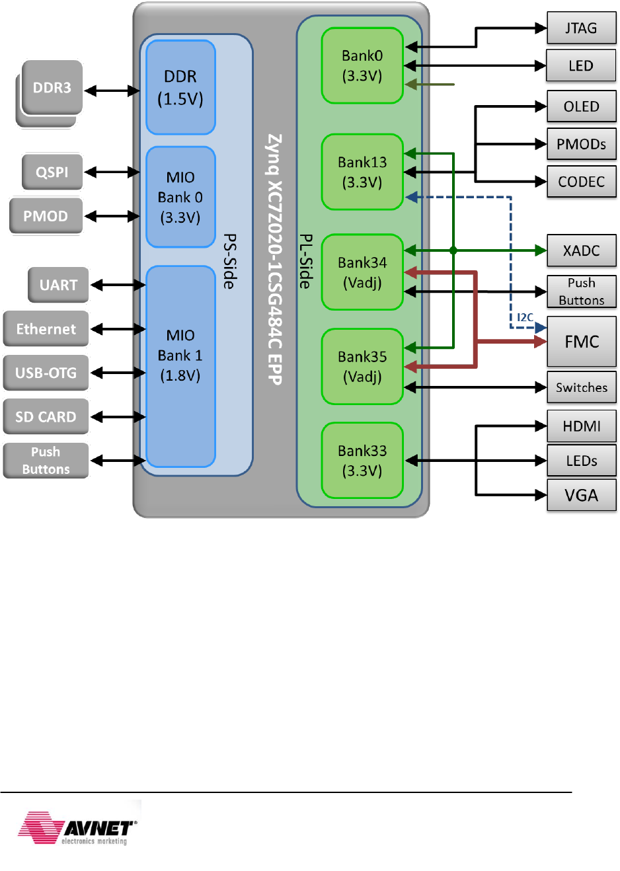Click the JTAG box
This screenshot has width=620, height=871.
[x=581, y=28]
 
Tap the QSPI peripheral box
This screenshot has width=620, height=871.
[x=52, y=172]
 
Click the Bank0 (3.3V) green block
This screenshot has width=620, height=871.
[x=362, y=65]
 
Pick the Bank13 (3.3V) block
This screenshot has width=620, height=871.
[x=362, y=172]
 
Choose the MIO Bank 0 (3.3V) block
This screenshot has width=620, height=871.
[x=180, y=197]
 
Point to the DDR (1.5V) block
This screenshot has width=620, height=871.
[x=180, y=87]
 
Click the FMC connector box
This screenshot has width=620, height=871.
[x=581, y=342]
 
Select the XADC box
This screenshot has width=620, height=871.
[x=581, y=250]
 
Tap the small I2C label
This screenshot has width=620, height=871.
[x=525, y=318]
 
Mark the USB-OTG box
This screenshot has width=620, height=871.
[x=46, y=373]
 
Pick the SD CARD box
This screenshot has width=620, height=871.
[x=46, y=417]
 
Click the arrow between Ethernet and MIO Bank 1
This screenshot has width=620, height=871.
[x=118, y=329]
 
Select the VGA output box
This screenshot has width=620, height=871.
[x=581, y=495]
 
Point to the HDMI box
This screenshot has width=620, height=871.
[x=581, y=426]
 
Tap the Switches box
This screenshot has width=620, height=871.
[x=581, y=387]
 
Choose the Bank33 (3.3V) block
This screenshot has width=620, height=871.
[x=362, y=461]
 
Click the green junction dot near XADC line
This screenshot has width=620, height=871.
[x=453, y=250]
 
